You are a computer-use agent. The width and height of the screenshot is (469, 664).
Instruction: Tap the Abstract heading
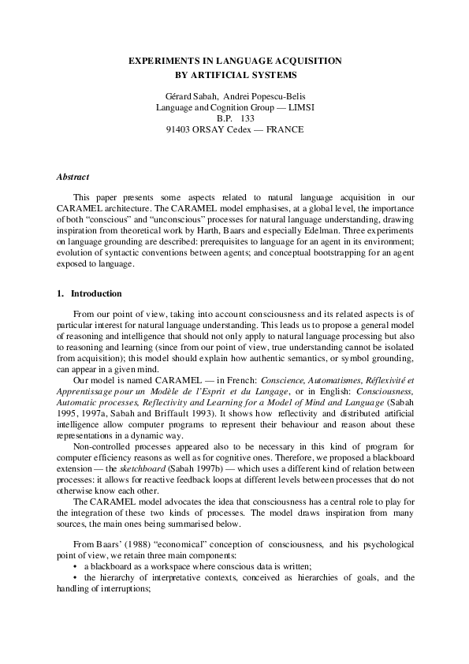click(73, 177)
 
